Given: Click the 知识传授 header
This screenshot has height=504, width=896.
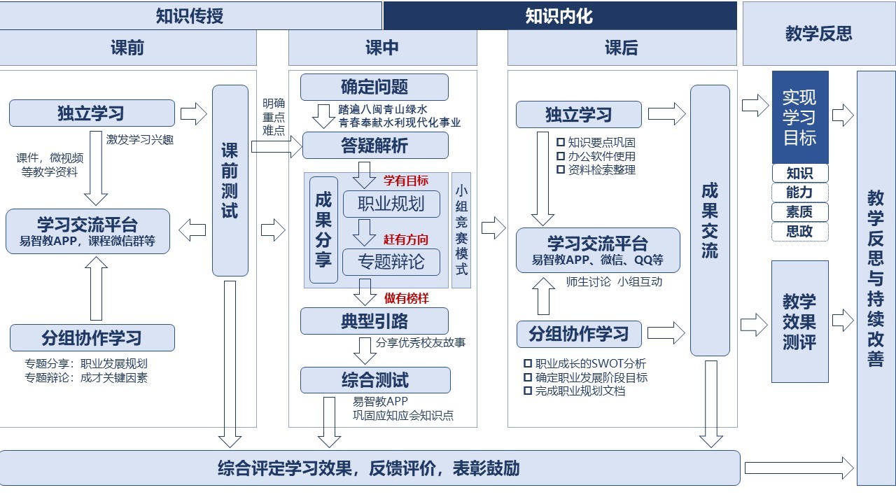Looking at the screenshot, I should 190,15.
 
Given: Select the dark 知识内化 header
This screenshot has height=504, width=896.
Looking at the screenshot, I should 559,15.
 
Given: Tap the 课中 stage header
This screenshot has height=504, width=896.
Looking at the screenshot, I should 382,48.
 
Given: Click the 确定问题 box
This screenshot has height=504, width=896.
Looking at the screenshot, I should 374,87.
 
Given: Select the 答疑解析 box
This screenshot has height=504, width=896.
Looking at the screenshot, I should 374,146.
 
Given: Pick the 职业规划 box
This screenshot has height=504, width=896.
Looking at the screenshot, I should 391,204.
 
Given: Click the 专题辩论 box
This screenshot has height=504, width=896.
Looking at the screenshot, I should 391,262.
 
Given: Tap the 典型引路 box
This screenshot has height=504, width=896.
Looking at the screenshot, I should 374,321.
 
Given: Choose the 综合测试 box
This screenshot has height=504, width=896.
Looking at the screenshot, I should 374,380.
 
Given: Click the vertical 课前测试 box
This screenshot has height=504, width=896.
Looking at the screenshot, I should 230,181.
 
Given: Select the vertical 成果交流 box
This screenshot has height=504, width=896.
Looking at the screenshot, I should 710,220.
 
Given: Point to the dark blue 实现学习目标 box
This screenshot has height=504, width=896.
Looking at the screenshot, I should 800,117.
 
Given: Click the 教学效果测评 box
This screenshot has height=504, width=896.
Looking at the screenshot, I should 799,321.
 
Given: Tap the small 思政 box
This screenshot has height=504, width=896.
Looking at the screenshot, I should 799,232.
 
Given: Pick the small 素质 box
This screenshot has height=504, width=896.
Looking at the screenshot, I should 799,212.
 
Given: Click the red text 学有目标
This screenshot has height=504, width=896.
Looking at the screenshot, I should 406,181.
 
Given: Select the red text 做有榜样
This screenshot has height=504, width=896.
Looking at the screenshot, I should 406,298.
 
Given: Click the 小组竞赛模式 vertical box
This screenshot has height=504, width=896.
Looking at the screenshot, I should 461,230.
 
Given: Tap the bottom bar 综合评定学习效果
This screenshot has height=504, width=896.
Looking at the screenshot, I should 369,468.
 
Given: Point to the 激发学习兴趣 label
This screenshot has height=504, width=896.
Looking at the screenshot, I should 140,139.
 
